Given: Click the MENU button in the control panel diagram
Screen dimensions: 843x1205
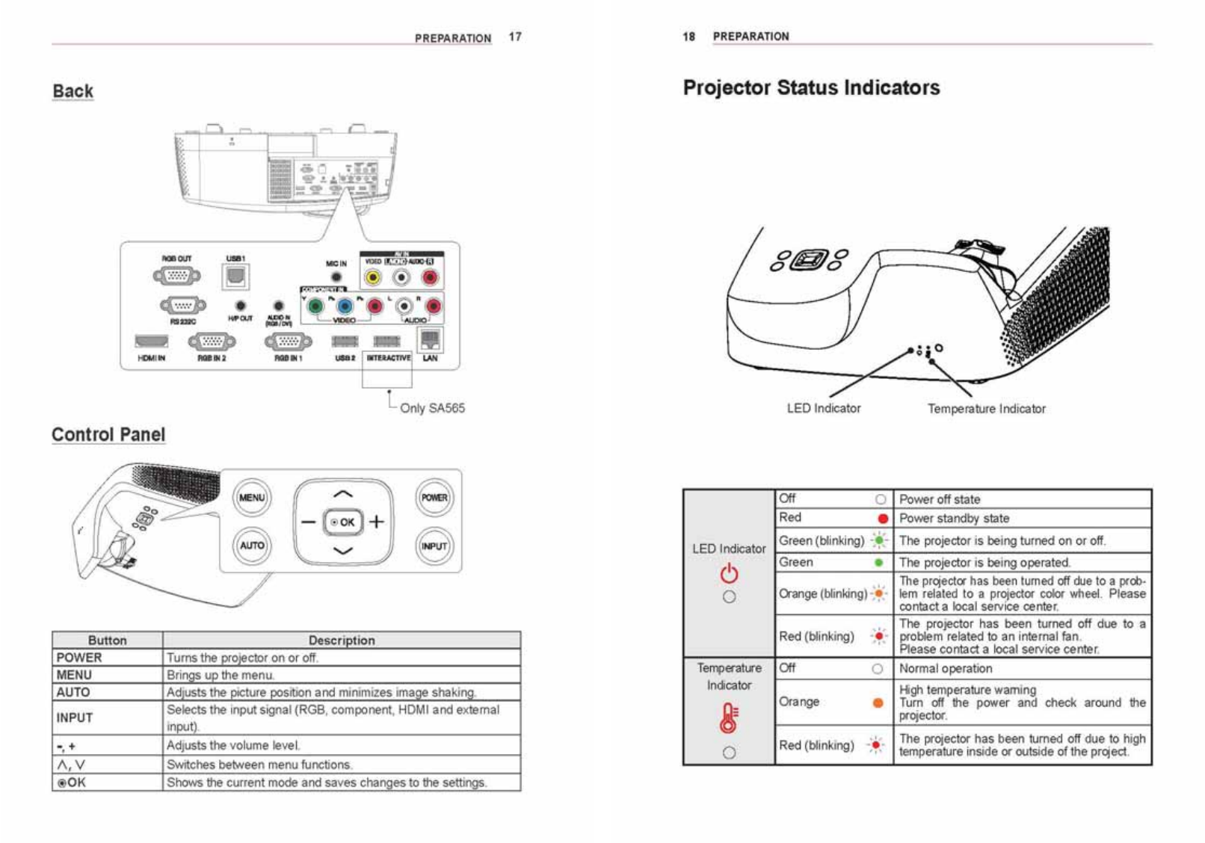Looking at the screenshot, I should click(x=252, y=498).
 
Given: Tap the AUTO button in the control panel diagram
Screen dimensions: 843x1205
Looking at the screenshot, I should click(x=252, y=546).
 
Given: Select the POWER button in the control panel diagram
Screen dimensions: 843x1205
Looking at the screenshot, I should click(x=434, y=498).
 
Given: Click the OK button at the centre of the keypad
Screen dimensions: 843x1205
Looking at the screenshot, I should click(x=343, y=522).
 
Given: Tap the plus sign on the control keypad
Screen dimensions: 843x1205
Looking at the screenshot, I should click(x=377, y=522).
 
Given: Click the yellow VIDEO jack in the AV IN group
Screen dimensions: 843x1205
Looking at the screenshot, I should click(x=372, y=278).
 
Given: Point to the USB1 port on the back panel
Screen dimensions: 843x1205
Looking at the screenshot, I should click(x=235, y=277).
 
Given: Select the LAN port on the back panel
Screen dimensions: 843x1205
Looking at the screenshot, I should click(x=430, y=341).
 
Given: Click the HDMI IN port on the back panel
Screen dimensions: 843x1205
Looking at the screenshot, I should click(x=152, y=342).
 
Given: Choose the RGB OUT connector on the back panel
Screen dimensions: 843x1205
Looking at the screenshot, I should click(x=177, y=277).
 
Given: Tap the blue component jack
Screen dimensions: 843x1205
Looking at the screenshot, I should click(x=345, y=306).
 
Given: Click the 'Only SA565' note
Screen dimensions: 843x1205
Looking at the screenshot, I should click(x=432, y=408).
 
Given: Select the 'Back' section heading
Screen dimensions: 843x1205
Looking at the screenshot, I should click(x=73, y=91).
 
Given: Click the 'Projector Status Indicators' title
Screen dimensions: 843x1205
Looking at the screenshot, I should click(x=811, y=88).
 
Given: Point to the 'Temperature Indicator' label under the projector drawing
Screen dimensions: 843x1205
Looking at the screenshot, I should click(x=986, y=409).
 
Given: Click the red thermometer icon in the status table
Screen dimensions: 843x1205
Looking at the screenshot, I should click(x=729, y=717).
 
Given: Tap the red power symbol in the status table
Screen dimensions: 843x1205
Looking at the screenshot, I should click(x=729, y=573).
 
